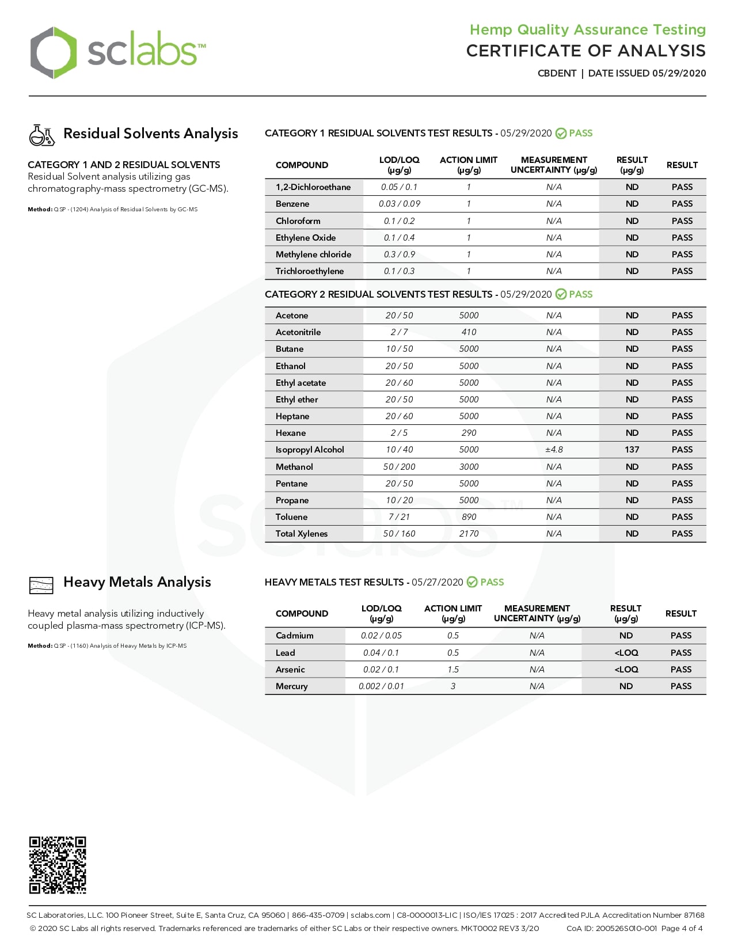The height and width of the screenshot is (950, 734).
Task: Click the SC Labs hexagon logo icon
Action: pyautogui.click(x=53, y=53)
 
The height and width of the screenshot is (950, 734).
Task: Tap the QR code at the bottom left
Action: pyautogui.click(x=58, y=865)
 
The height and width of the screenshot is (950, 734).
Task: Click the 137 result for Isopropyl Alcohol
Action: pyautogui.click(x=632, y=450)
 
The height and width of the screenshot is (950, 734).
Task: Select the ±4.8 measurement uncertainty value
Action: pyautogui.click(x=554, y=450)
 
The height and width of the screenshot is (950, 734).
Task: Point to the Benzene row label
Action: pyautogui.click(x=292, y=204)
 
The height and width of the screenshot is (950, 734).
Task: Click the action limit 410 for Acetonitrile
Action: pyautogui.click(x=469, y=332)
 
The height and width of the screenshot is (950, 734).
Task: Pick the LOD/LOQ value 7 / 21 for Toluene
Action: pyautogui.click(x=399, y=517)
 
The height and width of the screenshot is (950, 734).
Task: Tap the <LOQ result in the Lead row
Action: pyautogui.click(x=626, y=653)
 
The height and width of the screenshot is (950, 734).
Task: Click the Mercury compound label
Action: pyautogui.click(x=292, y=686)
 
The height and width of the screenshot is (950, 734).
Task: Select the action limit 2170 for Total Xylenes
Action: pyautogui.click(x=469, y=534)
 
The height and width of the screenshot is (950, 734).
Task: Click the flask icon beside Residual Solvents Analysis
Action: pyautogui.click(x=41, y=135)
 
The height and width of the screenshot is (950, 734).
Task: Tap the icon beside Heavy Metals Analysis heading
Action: pyautogui.click(x=41, y=585)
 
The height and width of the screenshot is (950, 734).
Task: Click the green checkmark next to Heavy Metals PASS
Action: pyautogui.click(x=472, y=582)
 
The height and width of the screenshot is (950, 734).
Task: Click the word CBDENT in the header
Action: pyautogui.click(x=557, y=73)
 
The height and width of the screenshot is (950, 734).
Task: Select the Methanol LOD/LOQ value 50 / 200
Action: pyautogui.click(x=399, y=467)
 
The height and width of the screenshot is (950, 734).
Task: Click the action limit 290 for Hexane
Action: pyautogui.click(x=469, y=433)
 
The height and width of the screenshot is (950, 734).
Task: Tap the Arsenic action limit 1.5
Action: pyautogui.click(x=453, y=670)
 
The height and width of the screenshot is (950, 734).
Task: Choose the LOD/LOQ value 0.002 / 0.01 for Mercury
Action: pyautogui.click(x=381, y=686)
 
